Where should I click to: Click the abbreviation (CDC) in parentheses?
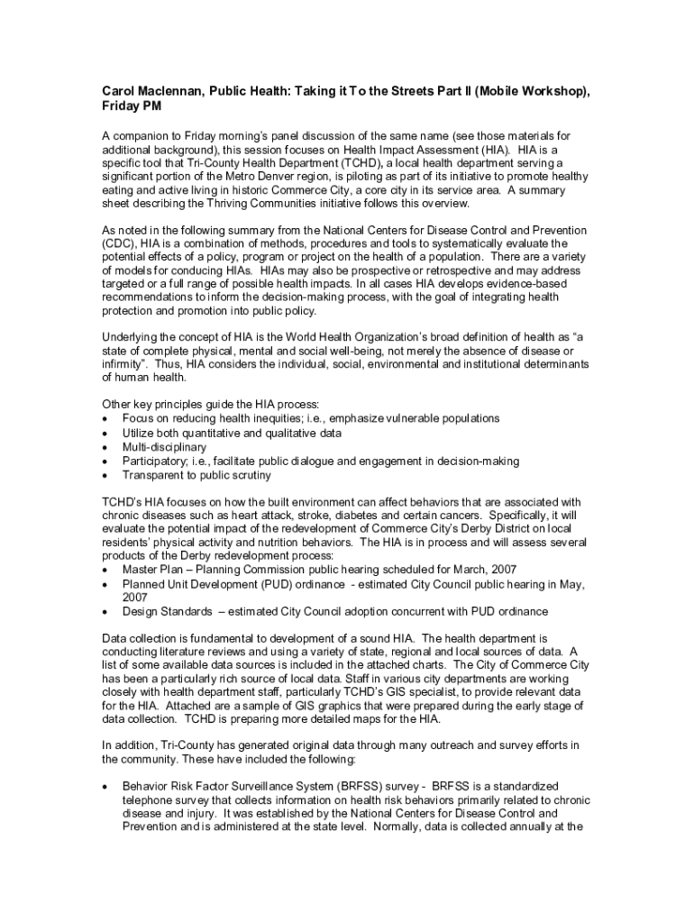pyautogui.click(x=118, y=243)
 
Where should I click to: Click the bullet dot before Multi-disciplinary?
pyautogui.click(x=106, y=447)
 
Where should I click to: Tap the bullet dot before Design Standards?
pyautogui.click(x=106, y=612)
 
